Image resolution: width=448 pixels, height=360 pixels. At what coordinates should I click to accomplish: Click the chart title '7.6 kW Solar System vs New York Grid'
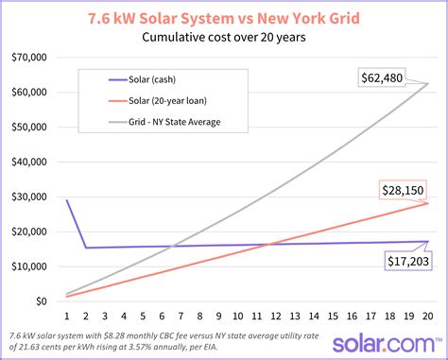pos(224,18)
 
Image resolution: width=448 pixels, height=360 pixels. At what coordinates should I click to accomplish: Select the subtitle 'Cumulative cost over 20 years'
pos(224,39)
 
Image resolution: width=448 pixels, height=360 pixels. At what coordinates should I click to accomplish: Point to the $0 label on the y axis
pos(43,300)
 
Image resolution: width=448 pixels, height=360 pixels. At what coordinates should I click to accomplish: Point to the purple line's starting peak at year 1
pos(67,199)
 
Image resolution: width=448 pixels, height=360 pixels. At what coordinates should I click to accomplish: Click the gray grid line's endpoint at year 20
pos(428,84)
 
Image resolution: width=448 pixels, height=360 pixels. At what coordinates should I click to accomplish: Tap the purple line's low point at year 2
pos(86,248)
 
